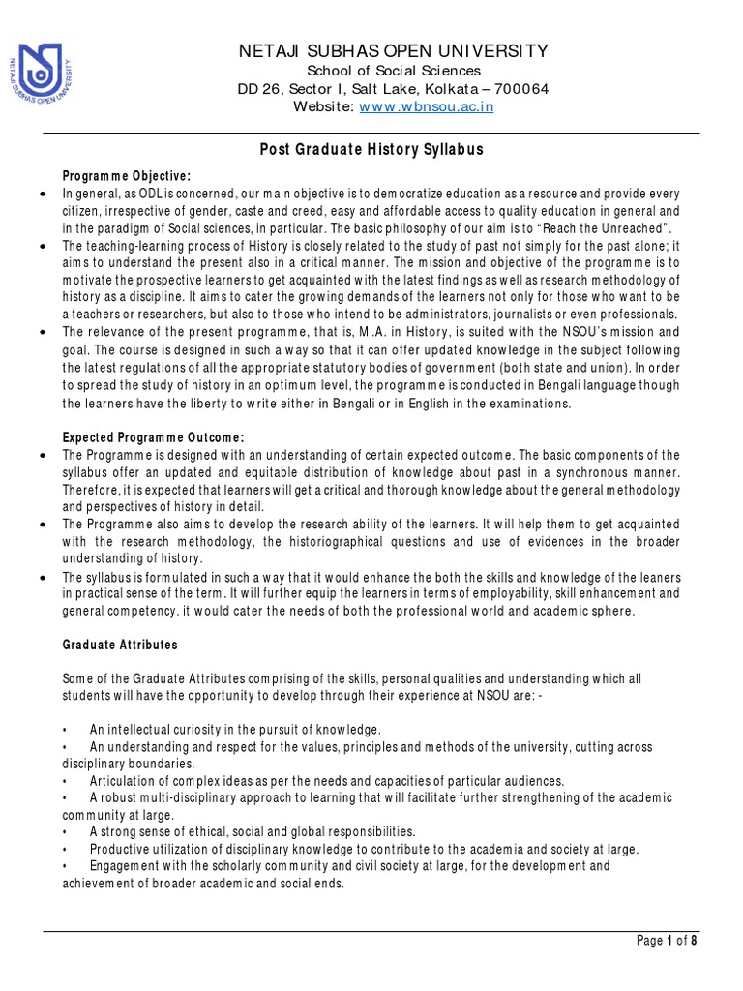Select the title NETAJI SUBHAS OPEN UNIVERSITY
[x=394, y=51]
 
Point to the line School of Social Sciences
[x=394, y=71]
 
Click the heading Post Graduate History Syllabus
[x=371, y=150]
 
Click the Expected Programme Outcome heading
[x=154, y=436]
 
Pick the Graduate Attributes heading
[x=120, y=645]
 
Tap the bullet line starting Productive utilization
[x=364, y=848]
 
